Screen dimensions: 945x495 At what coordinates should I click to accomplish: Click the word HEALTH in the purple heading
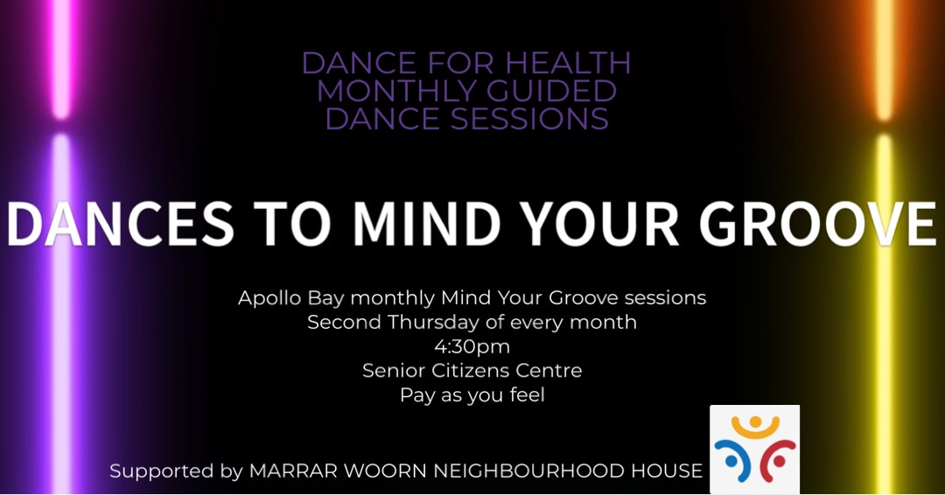[568, 63]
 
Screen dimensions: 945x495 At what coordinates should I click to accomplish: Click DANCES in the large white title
[120, 223]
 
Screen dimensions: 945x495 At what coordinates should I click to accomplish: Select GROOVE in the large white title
[818, 223]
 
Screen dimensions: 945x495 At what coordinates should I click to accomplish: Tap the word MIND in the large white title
[427, 223]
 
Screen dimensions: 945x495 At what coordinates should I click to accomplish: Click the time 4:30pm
[472, 347]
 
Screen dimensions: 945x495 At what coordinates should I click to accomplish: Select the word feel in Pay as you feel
[527, 395]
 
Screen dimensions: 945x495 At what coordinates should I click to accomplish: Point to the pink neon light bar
[61, 59]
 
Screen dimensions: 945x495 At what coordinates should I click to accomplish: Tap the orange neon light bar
[884, 59]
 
